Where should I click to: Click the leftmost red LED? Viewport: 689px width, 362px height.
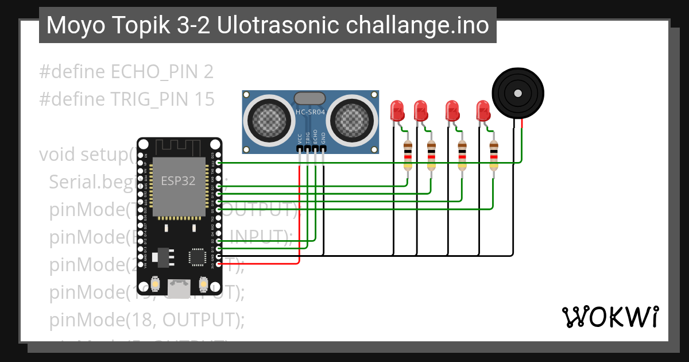tap(397, 110)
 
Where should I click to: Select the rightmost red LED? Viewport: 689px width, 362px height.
tap(483, 110)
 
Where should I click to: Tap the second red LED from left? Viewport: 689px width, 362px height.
tap(421, 110)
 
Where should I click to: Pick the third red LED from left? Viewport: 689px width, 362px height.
tap(452, 110)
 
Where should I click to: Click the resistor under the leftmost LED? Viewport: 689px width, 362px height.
tap(408, 155)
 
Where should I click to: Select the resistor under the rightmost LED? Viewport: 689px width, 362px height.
tap(493, 155)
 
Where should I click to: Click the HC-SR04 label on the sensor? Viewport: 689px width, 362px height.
tap(310, 113)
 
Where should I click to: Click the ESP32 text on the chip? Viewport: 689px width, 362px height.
tap(177, 181)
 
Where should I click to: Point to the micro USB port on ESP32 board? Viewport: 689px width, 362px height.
tap(179, 287)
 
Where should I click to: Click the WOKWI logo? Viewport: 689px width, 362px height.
tap(610, 317)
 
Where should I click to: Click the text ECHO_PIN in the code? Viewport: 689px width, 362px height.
tap(154, 72)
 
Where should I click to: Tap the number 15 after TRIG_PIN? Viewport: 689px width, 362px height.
tap(205, 99)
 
